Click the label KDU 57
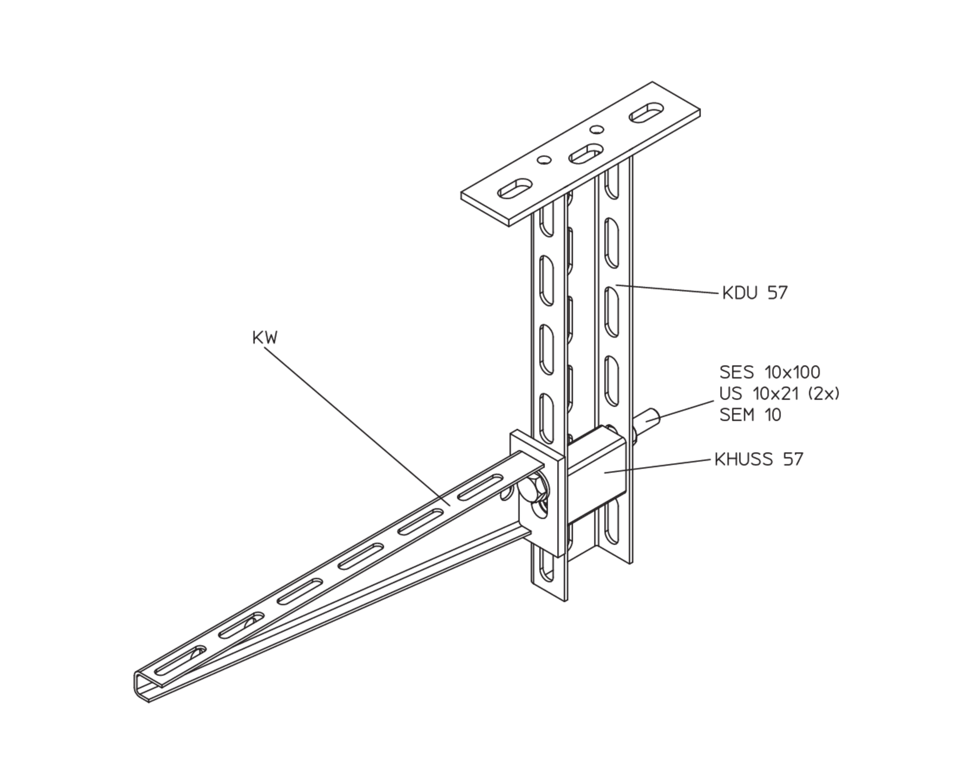pos(755,293)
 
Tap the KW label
pos(265,338)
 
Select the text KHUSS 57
pos(759,460)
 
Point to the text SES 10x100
pos(770,372)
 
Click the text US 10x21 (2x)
pos(779,394)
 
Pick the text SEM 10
pos(750,415)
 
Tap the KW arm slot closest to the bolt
pos(480,487)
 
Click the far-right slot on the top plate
pos(647,113)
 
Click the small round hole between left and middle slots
pos(544,160)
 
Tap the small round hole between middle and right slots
pos(597,130)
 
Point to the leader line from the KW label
pos(357,426)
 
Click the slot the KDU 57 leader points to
pos(612,311)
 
